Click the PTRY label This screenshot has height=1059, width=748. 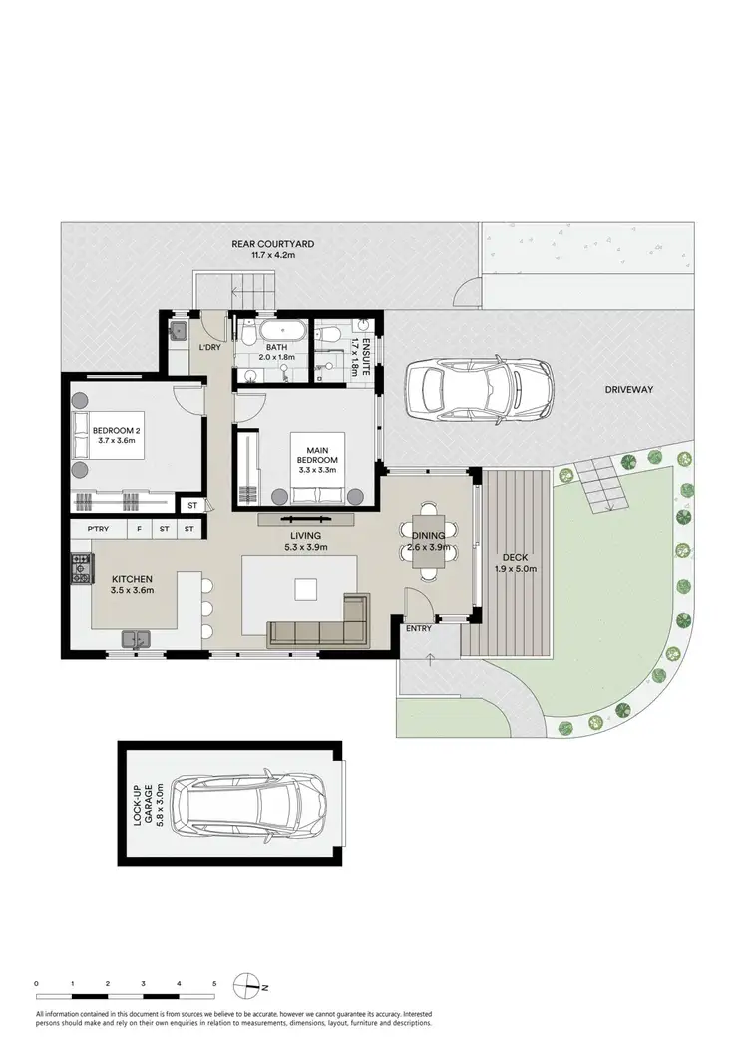pyautogui.click(x=98, y=529)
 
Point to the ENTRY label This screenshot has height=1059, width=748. pyautogui.click(x=419, y=629)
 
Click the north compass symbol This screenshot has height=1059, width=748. pyautogui.click(x=248, y=986)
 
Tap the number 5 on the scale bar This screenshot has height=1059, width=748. pyautogui.click(x=214, y=984)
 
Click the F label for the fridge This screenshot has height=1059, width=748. pyautogui.click(x=139, y=529)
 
